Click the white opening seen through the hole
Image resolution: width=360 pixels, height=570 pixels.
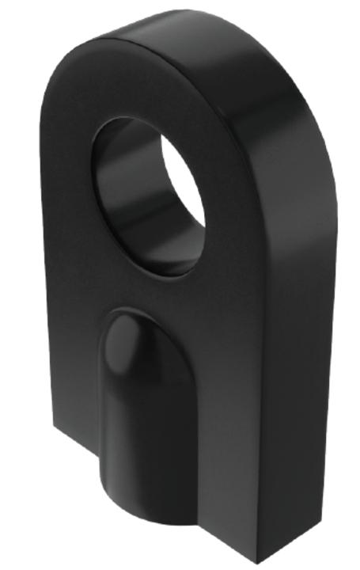[184, 190]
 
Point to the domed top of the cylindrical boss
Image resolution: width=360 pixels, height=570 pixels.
[131, 332]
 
